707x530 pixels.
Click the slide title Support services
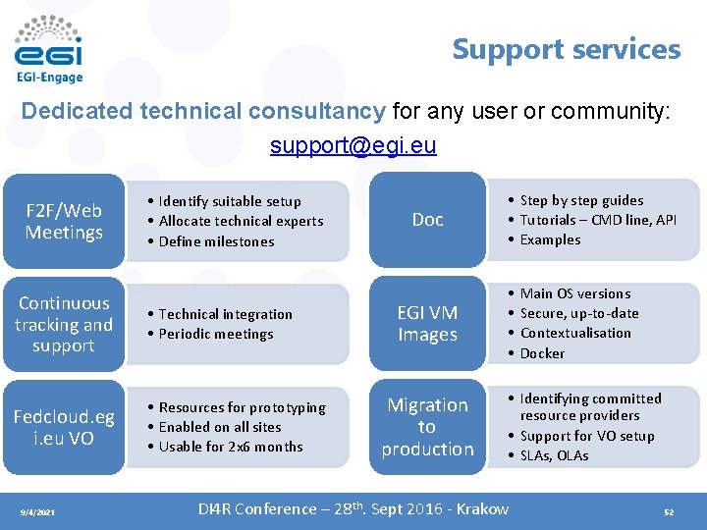566,49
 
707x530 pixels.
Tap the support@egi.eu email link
353,146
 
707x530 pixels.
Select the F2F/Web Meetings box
64,221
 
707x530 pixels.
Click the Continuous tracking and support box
64,324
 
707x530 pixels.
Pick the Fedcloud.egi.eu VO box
64,427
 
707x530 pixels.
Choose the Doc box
427,219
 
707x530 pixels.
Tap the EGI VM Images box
427,324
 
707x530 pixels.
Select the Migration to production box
427,427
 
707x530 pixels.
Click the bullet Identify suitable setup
230,201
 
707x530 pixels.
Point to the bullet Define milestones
216,241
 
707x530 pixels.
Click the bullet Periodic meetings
216,334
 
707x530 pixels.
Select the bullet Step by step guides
581,200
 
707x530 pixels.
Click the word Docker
542,353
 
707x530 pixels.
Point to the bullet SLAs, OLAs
554,455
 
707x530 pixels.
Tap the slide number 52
669,511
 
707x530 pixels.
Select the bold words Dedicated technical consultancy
203,111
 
